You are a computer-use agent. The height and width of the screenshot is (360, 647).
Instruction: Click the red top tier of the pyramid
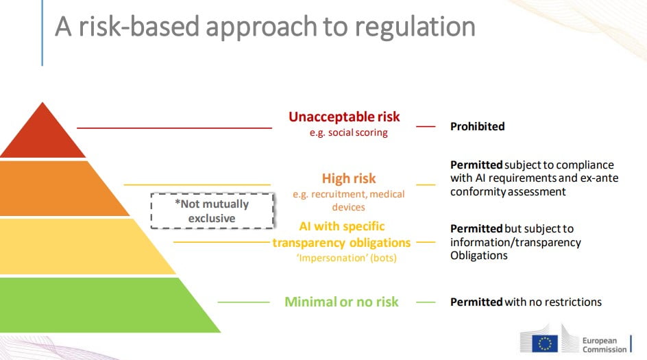click(42, 136)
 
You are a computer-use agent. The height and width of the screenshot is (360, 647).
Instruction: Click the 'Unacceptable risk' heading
click(344, 117)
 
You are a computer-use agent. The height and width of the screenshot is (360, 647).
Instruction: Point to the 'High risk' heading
click(349, 178)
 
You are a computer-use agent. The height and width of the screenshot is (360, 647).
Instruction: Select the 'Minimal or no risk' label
click(341, 302)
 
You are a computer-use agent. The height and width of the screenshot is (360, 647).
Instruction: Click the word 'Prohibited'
click(478, 126)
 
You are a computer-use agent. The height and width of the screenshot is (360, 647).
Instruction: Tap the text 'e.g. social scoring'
click(349, 132)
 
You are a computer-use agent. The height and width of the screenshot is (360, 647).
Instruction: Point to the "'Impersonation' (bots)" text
click(347, 258)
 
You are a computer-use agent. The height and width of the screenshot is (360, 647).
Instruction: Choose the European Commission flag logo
click(545, 344)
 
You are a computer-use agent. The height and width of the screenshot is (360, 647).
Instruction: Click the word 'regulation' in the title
click(415, 27)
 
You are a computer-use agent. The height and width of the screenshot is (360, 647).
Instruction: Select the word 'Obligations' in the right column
click(479, 256)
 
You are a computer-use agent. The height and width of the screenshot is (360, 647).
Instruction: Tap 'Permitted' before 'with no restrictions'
click(476, 302)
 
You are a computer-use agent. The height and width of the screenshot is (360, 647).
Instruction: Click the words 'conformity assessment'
click(508, 192)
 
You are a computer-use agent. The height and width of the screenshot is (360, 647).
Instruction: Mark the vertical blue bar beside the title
click(42, 33)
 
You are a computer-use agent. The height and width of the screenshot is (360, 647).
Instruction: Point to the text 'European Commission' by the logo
click(605, 345)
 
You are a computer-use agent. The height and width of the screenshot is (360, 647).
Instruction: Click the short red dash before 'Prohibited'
click(426, 126)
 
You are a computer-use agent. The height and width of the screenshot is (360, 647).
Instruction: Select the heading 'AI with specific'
click(341, 226)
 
